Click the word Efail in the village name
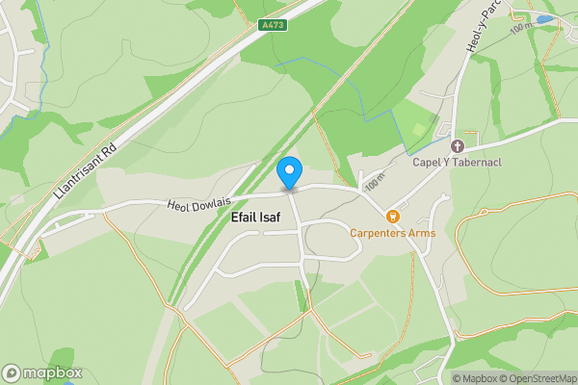(245, 218)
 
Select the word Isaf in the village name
(270, 218)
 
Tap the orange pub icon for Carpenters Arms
(393, 217)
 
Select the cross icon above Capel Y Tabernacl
(458, 146)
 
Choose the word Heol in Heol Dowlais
(180, 204)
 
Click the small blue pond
(545, 19)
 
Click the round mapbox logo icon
(12, 373)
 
